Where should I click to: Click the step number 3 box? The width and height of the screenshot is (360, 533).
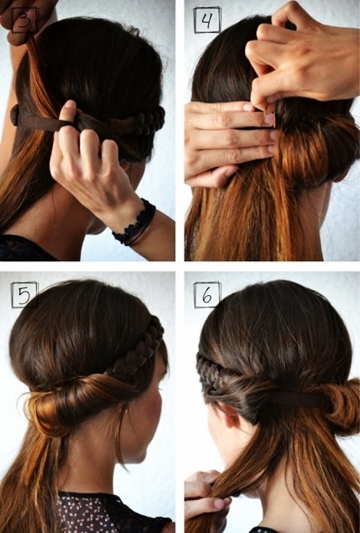coord(24,20)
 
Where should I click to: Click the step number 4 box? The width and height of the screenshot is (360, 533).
coord(207,20)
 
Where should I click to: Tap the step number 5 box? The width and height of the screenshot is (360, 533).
coord(24,295)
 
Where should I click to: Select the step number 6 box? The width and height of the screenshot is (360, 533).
coord(207,295)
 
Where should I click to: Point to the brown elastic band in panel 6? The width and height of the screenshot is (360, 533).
coord(296,400)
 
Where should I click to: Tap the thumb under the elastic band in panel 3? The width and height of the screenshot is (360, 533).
coord(68,116)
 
